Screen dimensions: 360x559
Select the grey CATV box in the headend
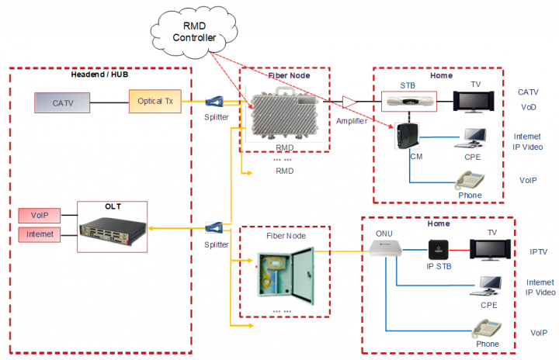pyautogui.click(x=61, y=102)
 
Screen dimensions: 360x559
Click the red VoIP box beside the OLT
pyautogui.click(x=39, y=216)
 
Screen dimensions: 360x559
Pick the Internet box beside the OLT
pyautogui.click(x=39, y=234)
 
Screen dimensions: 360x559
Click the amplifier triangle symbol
pyautogui.click(x=349, y=102)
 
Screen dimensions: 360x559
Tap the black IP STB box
pyautogui.click(x=440, y=250)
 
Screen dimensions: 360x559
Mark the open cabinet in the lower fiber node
pyautogui.click(x=285, y=271)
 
